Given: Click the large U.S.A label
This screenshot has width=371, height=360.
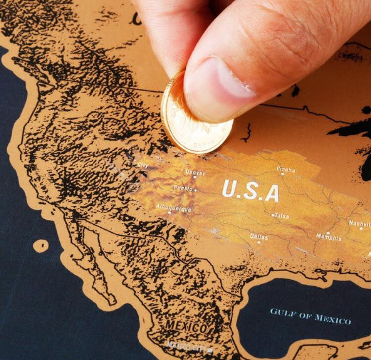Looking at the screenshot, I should (x=250, y=191).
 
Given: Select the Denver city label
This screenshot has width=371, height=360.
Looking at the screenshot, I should (x=195, y=173).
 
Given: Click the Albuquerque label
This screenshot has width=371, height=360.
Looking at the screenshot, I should (x=174, y=208).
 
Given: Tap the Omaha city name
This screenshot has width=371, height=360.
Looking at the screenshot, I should (x=286, y=170).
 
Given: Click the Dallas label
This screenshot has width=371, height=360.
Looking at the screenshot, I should (x=259, y=237).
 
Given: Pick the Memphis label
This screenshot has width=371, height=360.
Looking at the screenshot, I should (x=328, y=237).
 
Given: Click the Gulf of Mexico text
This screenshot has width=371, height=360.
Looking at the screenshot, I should (x=311, y=315).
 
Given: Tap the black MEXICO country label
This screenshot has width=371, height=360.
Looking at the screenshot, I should (x=186, y=326).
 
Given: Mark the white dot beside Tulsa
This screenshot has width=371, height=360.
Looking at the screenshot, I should (x=273, y=215).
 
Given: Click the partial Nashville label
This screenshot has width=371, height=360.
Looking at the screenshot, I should (x=360, y=223).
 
